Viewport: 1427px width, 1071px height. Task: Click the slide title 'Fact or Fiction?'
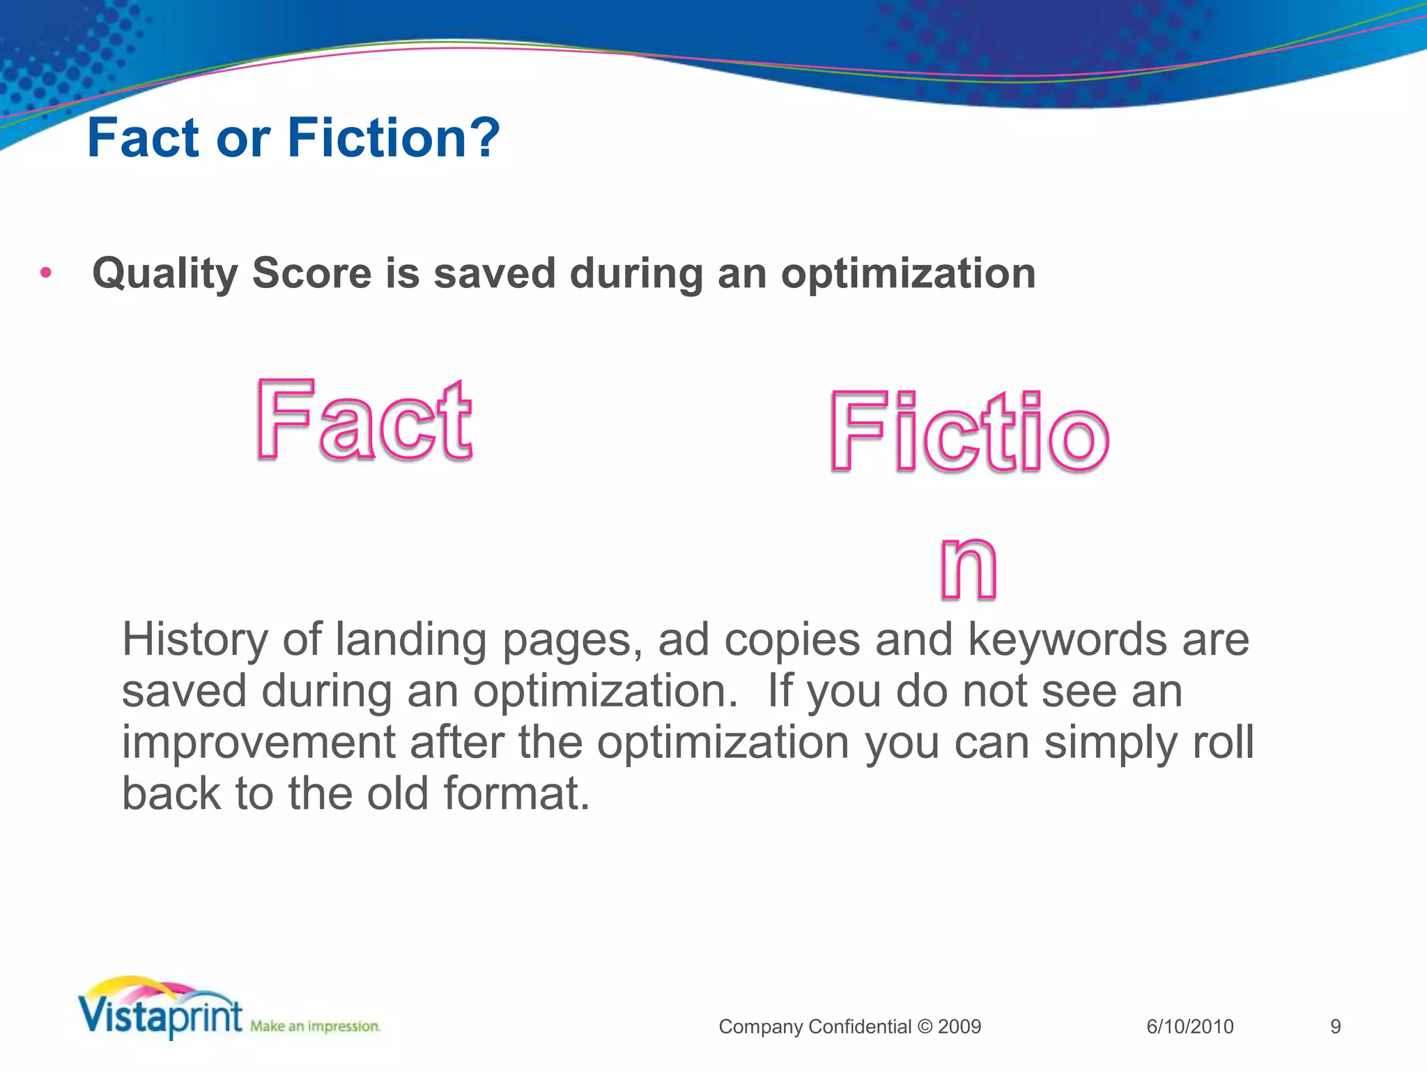[293, 138]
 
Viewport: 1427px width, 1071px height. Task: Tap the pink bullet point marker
[46, 273]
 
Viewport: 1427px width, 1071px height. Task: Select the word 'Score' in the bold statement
[311, 273]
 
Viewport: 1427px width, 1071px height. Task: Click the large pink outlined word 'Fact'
[364, 420]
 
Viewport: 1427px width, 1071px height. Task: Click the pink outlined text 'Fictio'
[969, 432]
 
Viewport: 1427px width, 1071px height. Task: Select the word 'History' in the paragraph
[194, 640]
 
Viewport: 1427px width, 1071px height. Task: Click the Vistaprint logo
[160, 1009]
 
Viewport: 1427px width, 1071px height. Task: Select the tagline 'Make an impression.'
[315, 1026]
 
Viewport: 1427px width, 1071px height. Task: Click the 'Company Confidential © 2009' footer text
[849, 1026]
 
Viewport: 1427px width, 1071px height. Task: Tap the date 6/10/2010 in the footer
[1189, 1026]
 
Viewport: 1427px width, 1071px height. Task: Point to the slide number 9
[1335, 1026]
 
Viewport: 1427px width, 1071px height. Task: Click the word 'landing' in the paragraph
[410, 640]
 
